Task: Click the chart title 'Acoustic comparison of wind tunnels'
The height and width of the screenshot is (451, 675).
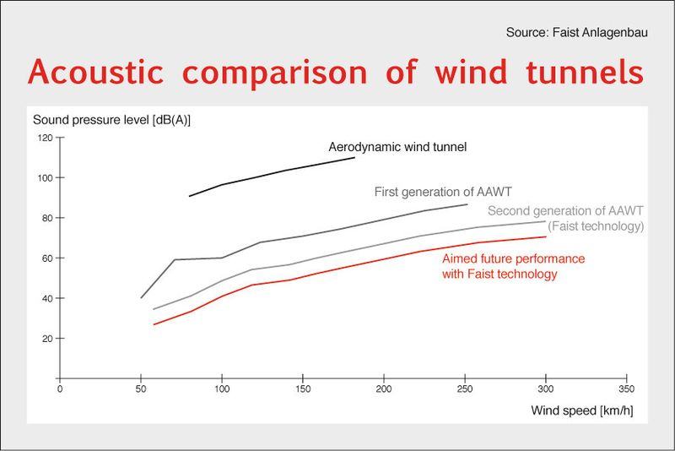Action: click(x=336, y=72)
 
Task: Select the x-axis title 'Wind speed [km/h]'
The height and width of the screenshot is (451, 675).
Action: click(x=581, y=411)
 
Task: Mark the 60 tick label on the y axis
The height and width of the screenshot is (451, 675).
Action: click(x=47, y=258)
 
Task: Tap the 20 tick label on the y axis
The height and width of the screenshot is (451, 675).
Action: click(x=47, y=339)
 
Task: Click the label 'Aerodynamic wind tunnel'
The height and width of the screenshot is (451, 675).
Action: click(x=397, y=147)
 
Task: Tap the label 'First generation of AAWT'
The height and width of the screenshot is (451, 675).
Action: click(x=441, y=192)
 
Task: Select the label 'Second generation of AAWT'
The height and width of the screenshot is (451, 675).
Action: click(x=565, y=211)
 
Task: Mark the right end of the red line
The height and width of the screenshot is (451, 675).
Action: click(x=546, y=236)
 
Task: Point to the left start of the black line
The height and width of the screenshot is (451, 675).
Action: click(x=189, y=196)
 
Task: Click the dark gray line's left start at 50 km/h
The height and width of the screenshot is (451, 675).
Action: click(x=141, y=298)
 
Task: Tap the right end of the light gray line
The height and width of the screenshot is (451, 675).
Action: click(x=546, y=221)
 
